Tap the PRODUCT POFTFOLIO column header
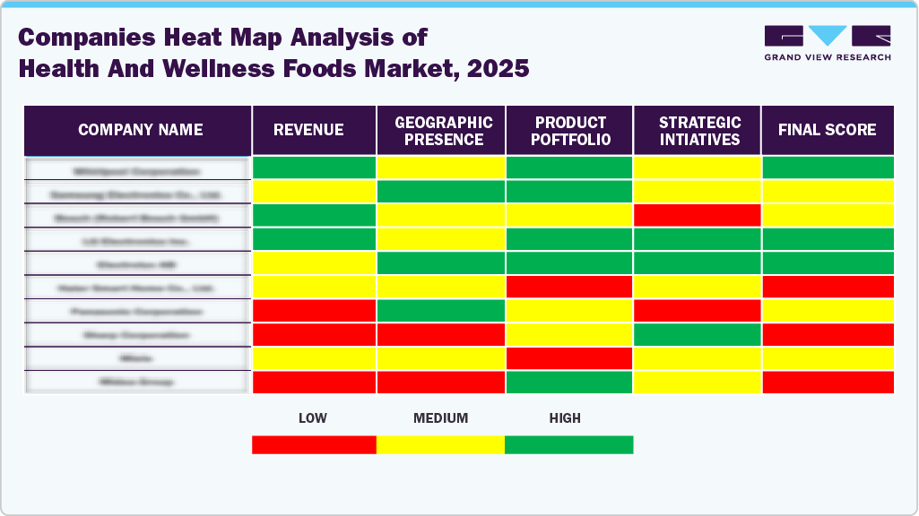(x=569, y=130)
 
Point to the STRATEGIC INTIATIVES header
(x=697, y=130)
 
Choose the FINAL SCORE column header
(x=827, y=130)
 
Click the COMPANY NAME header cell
(x=139, y=130)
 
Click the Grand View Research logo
(x=827, y=43)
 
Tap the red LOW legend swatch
(x=314, y=444)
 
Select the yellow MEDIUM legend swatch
(x=440, y=444)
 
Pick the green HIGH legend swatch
(x=568, y=444)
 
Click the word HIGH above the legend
(x=565, y=418)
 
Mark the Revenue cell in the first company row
(x=314, y=168)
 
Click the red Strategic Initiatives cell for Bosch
(x=697, y=215)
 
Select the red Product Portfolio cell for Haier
(x=569, y=287)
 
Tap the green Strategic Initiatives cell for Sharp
(x=697, y=334)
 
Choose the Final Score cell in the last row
(x=827, y=382)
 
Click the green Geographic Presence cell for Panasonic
(x=441, y=311)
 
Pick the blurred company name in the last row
(x=136, y=382)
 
